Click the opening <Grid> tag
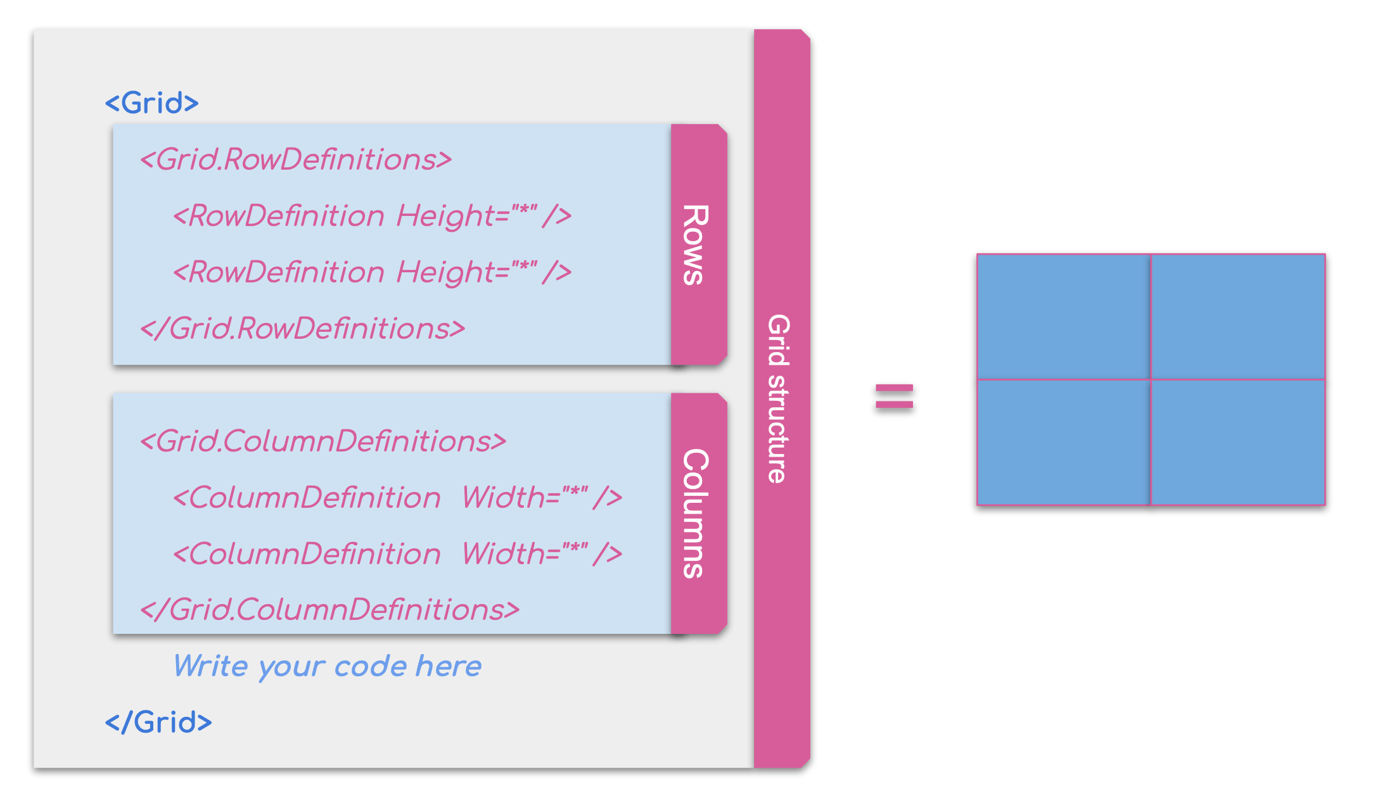coord(152,103)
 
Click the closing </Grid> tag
coord(158,722)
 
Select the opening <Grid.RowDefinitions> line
coord(296,159)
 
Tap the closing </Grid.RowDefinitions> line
coord(303,328)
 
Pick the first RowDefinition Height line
coord(373,215)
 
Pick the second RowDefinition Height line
coord(373,272)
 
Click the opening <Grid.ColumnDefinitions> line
coord(323,441)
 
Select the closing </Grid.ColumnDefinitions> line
coord(329,609)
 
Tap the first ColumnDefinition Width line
coord(398,497)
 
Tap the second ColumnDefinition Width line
coord(398,553)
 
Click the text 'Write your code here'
coord(328,666)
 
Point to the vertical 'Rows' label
coord(696,244)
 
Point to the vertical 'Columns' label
coord(696,513)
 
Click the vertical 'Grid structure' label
coord(779,399)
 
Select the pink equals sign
coord(894,396)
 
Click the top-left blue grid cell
coord(1063,317)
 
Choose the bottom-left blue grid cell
coord(1063,442)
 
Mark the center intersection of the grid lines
coord(1151,379)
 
